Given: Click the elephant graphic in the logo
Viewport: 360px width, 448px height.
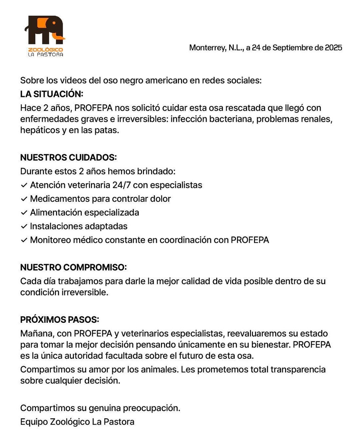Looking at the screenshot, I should tap(45, 30).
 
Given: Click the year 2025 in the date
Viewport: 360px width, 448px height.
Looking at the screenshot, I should tap(333, 48).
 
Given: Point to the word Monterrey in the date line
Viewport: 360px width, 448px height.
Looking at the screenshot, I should tap(207, 48).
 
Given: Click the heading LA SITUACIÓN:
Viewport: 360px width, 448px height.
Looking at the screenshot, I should tap(52, 94).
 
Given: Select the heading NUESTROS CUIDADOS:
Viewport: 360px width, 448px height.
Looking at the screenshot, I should tap(68, 157).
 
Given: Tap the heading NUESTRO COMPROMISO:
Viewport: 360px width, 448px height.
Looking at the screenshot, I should tap(73, 267).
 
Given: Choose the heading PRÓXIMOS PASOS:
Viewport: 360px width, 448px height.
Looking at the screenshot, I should tap(60, 319).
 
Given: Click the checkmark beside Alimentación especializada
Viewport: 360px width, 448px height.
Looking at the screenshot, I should tap(24, 213).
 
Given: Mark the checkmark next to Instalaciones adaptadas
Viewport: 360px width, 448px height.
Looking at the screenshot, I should tap(24, 226).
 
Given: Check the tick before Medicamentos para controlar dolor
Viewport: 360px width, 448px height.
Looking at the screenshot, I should tap(24, 199).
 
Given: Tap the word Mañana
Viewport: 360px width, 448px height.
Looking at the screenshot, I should tap(37, 333).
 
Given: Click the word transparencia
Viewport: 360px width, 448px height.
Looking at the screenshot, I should tap(298, 369).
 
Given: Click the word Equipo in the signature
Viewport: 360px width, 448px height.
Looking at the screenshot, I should tap(34, 422).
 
